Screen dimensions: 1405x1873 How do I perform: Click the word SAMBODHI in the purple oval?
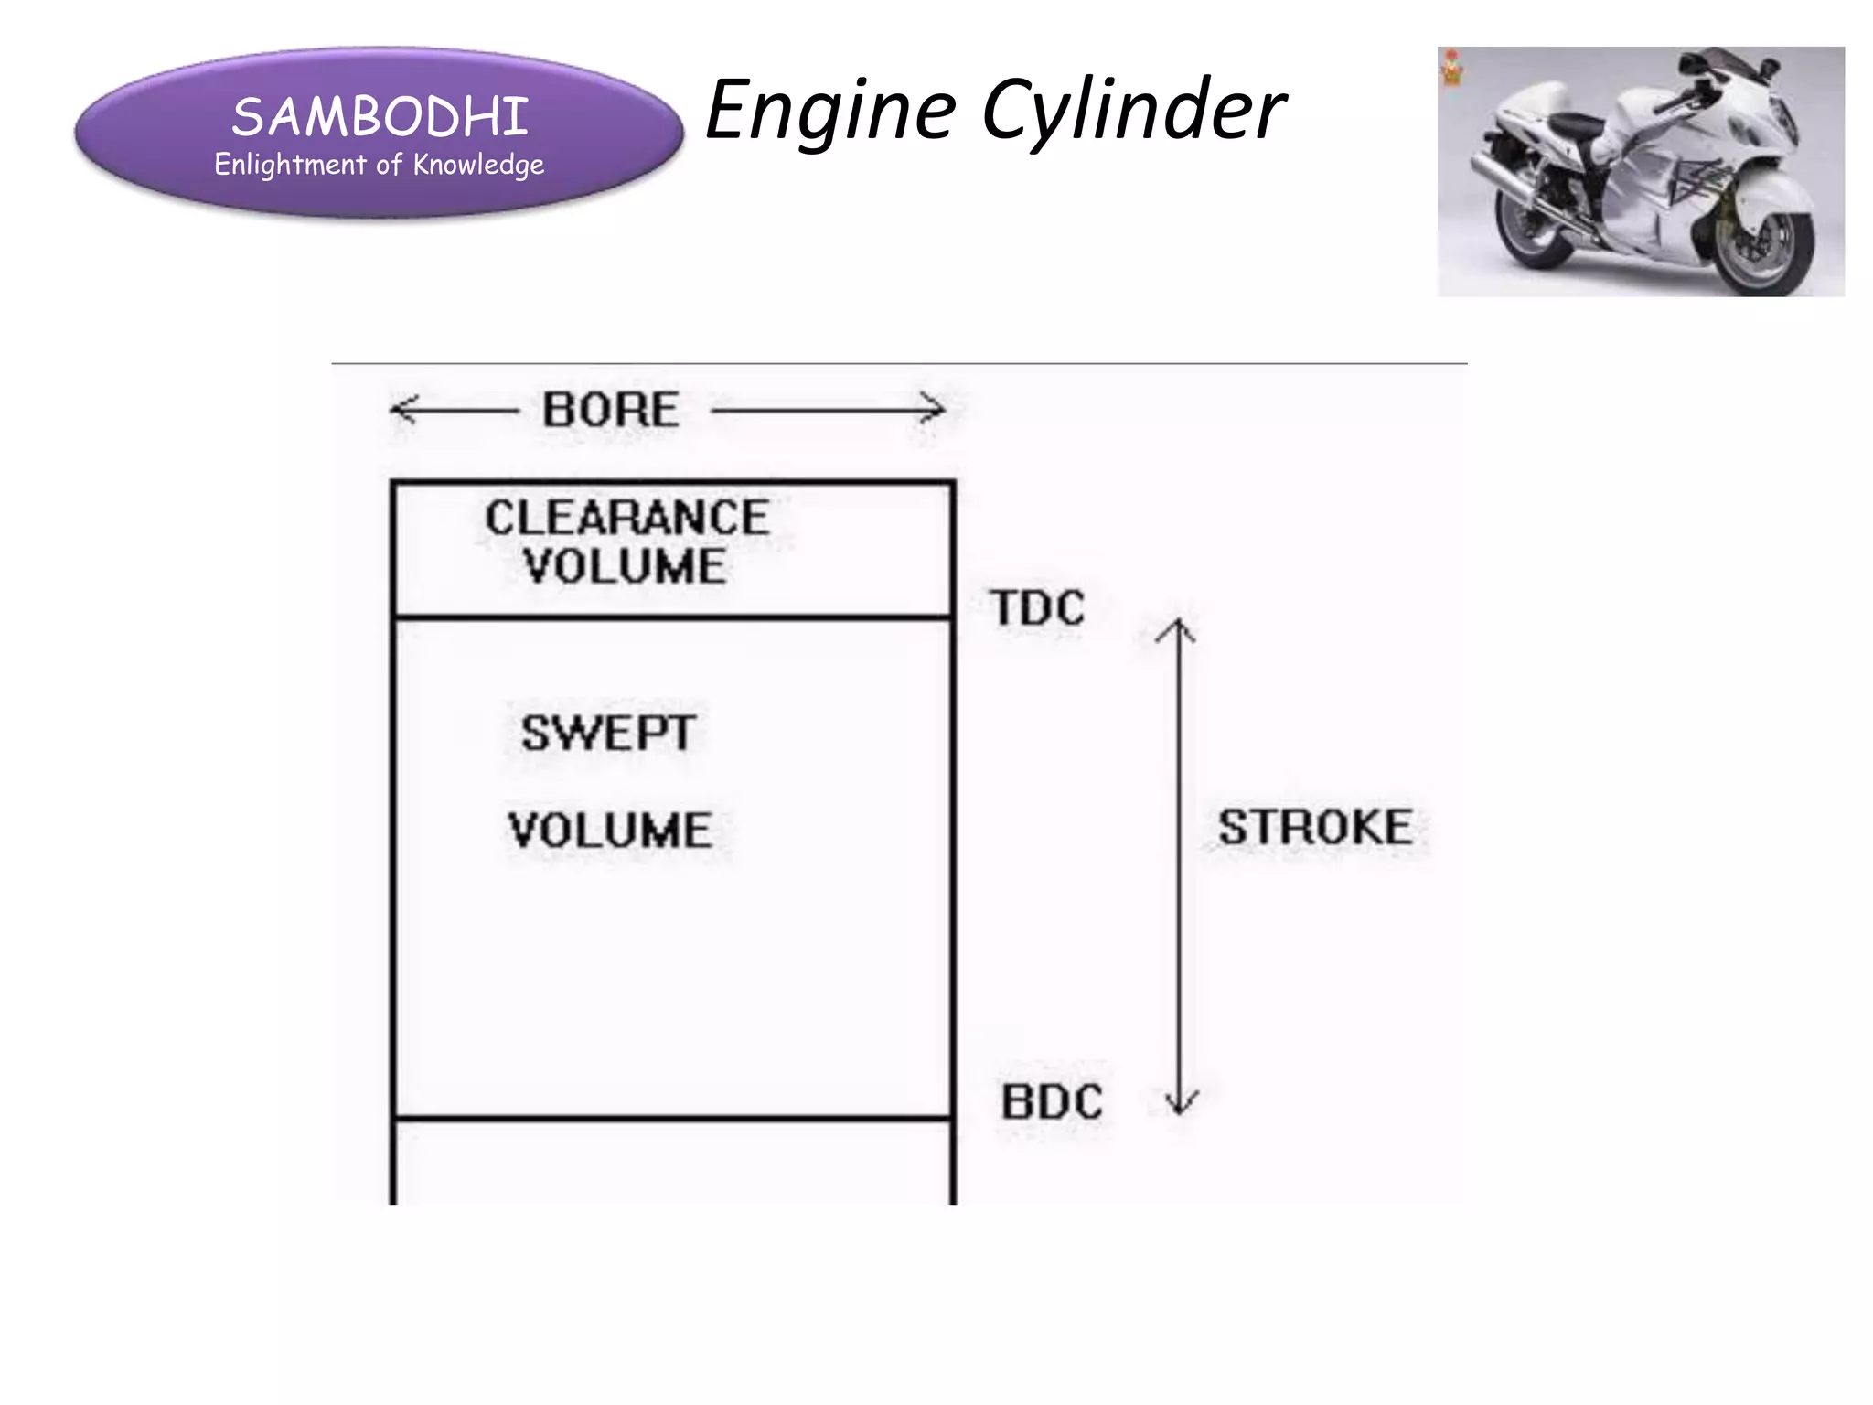click(380, 117)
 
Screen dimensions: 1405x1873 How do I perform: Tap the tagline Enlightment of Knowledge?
click(379, 165)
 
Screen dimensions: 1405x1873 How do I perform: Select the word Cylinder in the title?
click(1134, 112)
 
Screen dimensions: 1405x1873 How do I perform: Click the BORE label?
click(610, 409)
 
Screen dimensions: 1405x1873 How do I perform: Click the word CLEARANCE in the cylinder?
click(626, 518)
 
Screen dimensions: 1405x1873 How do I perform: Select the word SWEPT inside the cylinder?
click(608, 733)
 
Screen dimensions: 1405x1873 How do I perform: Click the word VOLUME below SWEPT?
click(610, 831)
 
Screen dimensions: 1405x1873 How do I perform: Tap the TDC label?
click(1037, 608)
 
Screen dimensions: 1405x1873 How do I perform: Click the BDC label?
click(1052, 1101)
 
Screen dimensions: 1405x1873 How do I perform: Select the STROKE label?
click(1314, 827)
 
